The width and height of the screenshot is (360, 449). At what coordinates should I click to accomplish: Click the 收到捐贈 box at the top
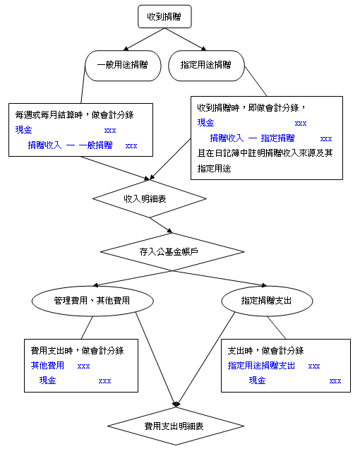(x=164, y=17)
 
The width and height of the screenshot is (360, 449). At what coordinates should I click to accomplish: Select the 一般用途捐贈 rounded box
(x=123, y=66)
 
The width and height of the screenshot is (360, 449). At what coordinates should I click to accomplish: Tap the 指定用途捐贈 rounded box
(x=207, y=66)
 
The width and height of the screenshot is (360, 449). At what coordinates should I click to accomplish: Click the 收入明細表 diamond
(x=150, y=198)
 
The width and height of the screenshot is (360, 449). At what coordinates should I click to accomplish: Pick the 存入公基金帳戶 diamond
(x=172, y=252)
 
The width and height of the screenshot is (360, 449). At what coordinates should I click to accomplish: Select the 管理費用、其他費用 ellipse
(x=92, y=301)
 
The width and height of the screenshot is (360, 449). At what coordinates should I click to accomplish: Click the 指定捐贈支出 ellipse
(x=267, y=301)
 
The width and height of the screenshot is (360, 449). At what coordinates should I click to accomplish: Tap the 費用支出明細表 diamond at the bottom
(x=176, y=426)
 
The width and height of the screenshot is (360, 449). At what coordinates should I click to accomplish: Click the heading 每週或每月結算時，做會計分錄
(x=74, y=115)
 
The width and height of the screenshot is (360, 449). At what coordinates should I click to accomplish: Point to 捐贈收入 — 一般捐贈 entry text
(x=70, y=145)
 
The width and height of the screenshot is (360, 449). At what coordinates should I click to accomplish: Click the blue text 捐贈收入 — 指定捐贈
(x=252, y=138)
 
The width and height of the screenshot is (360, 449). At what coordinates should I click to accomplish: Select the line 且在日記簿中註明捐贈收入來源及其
(x=265, y=153)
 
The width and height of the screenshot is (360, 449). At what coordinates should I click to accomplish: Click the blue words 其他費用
(x=47, y=366)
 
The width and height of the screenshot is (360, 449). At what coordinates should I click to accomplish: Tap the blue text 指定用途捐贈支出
(x=261, y=366)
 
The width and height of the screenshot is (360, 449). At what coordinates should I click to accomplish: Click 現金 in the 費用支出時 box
(x=47, y=381)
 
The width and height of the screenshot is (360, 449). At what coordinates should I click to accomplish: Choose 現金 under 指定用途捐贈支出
(x=257, y=381)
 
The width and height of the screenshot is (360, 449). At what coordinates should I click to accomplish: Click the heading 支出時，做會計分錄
(x=266, y=350)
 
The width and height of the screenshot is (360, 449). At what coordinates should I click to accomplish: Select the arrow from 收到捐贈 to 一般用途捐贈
(x=144, y=40)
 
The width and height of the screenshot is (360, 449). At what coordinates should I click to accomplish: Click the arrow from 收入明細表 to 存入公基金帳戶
(x=161, y=225)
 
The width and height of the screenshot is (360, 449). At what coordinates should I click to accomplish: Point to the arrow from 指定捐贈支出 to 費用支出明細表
(x=205, y=359)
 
